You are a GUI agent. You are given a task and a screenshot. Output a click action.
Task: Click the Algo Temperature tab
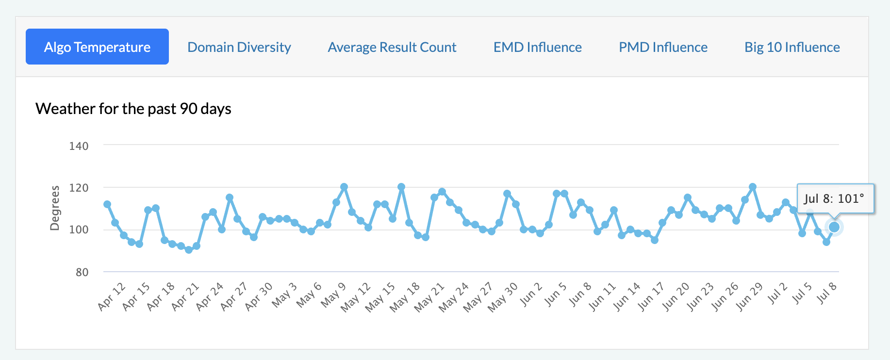(97, 47)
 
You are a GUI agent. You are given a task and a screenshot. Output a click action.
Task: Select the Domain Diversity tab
(239, 47)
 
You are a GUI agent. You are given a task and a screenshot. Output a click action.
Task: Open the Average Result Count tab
(392, 47)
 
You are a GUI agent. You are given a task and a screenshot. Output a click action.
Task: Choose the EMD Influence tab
(538, 47)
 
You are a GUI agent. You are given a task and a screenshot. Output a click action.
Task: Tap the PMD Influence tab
(663, 47)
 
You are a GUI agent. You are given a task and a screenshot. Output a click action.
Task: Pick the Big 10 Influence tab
(792, 47)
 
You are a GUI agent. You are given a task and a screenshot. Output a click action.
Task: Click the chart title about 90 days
(133, 109)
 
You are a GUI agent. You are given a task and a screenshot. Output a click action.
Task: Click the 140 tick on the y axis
(79, 146)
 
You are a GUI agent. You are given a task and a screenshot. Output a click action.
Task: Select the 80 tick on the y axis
(82, 272)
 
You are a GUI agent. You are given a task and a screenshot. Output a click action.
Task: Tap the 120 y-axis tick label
(79, 188)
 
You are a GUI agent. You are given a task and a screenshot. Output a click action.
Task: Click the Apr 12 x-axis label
(112, 296)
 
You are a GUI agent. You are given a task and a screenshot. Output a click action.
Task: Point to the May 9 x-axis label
(333, 295)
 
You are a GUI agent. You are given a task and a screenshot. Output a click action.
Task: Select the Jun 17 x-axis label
(651, 296)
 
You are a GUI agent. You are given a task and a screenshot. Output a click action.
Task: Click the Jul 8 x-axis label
(827, 293)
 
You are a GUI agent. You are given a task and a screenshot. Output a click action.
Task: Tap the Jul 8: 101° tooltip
(835, 198)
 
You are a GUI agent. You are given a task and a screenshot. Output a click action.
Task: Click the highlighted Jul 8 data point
(834, 227)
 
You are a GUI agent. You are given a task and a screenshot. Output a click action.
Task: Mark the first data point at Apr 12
(107, 204)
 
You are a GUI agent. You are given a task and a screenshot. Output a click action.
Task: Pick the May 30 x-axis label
(503, 297)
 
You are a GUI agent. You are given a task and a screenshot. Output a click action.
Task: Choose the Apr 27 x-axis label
(234, 296)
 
